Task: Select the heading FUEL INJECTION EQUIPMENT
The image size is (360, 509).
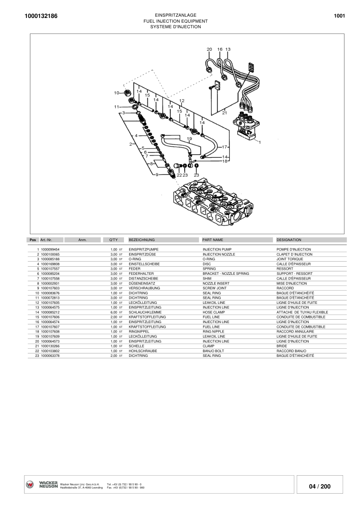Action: (x=175, y=21)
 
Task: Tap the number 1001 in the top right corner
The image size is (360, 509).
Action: (x=339, y=16)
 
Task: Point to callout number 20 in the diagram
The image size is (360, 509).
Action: (x=209, y=50)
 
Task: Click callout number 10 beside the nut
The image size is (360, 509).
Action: (x=116, y=93)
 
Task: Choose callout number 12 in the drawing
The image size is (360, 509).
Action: (x=182, y=101)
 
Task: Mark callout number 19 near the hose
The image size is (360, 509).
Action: (x=189, y=139)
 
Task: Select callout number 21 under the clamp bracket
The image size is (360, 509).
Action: (x=224, y=113)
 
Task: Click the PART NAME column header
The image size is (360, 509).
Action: (x=212, y=240)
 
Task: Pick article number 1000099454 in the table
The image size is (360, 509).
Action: (x=50, y=250)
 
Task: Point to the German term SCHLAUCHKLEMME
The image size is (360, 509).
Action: (x=142, y=312)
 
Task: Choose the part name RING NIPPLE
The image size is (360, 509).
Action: (x=213, y=332)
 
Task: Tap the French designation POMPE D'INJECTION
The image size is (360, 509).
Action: (x=294, y=250)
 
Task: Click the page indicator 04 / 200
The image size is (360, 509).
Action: (x=319, y=486)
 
